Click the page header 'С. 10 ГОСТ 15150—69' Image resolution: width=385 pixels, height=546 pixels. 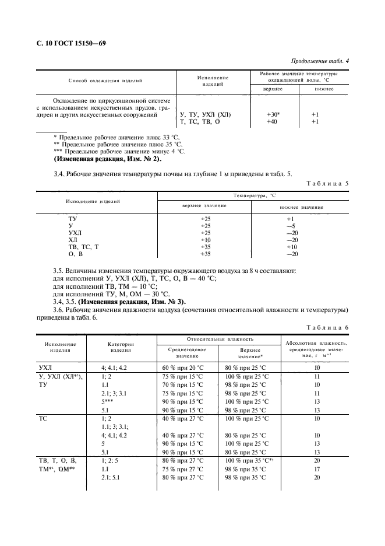[71, 44]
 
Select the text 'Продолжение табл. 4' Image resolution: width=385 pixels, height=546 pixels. [319, 62]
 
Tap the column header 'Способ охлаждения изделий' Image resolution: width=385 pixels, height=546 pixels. [105, 80]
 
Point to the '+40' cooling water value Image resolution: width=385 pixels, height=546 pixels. [272, 122]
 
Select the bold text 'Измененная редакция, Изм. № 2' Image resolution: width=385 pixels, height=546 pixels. [108, 159]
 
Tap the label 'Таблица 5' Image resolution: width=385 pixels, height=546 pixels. [327, 183]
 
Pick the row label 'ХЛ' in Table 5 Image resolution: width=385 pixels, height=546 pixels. [73, 239]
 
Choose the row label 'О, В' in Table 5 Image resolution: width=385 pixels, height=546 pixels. [76, 254]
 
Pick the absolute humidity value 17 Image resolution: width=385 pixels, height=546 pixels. [317, 469]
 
